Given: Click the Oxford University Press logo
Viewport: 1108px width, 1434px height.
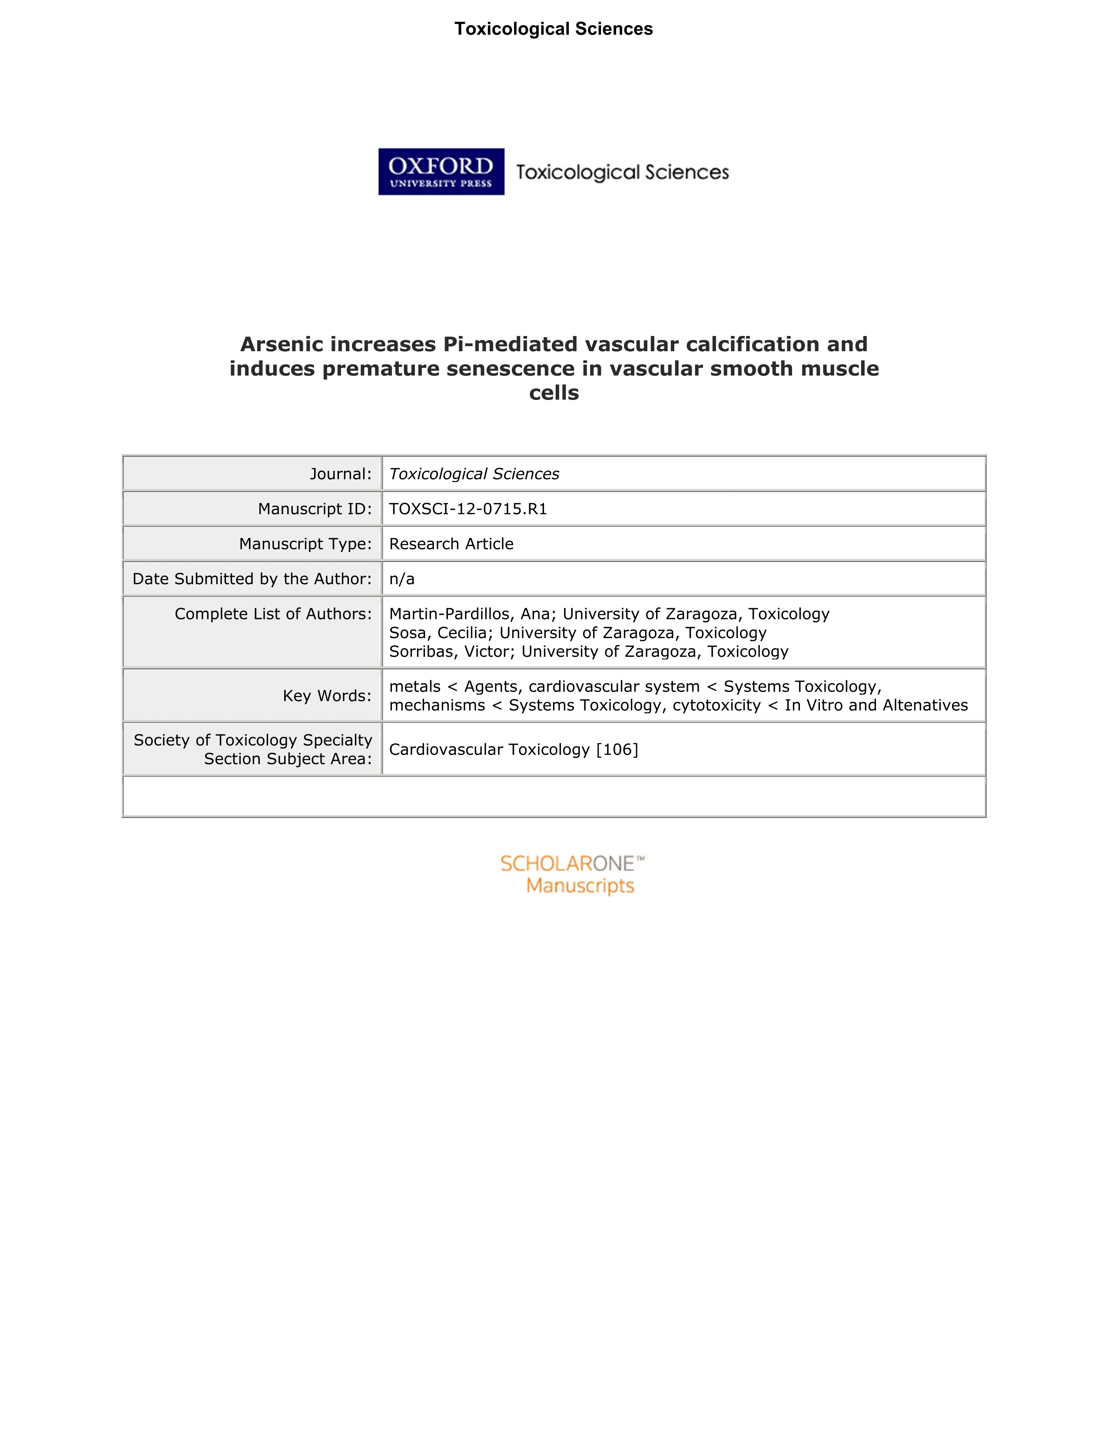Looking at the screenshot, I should click(x=441, y=171).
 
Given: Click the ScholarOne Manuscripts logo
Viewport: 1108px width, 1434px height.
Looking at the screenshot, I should click(x=572, y=875).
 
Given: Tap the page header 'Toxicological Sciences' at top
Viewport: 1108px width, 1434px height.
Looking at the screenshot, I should click(x=553, y=29).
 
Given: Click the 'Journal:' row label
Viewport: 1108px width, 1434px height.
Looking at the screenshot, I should click(x=340, y=474).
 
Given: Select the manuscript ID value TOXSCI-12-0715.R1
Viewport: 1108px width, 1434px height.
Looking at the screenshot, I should click(x=468, y=509).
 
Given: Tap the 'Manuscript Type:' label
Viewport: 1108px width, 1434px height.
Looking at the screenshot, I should click(x=305, y=544).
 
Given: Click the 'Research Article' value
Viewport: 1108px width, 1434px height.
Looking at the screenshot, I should click(x=451, y=544).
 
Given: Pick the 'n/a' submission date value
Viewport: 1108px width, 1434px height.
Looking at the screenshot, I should click(x=402, y=579).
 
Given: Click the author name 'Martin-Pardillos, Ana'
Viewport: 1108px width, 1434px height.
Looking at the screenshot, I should click(x=472, y=614).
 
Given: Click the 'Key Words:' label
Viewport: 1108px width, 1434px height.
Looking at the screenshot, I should click(x=327, y=695).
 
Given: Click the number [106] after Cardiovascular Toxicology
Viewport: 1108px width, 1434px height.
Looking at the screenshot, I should click(x=617, y=749).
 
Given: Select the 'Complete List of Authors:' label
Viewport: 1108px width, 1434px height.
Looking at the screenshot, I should click(x=273, y=614).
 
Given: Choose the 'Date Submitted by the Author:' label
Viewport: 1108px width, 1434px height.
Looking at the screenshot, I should click(x=252, y=579).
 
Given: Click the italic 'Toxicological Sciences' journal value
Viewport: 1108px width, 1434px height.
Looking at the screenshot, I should click(x=474, y=474).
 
